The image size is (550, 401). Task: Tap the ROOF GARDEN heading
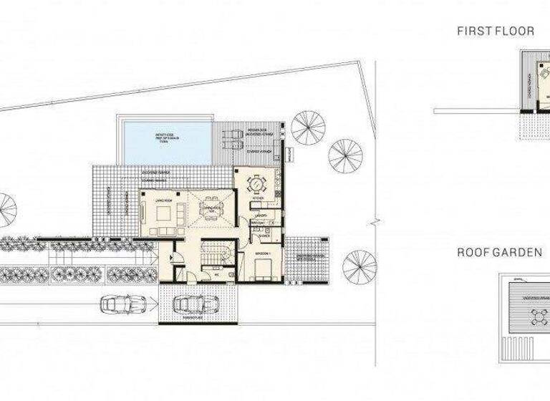click(499, 252)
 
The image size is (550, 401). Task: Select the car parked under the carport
click(191, 304)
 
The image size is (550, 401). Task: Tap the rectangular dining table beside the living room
click(210, 208)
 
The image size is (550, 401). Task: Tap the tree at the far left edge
click(6, 208)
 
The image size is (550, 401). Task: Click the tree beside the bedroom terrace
click(360, 266)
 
